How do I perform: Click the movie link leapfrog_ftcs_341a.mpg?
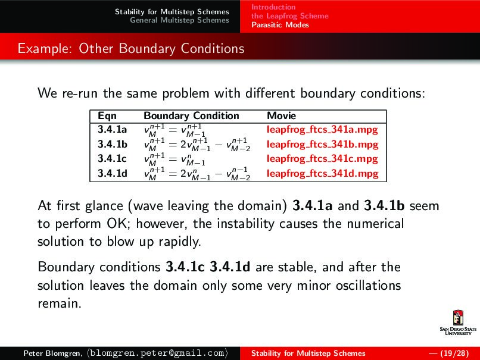322,129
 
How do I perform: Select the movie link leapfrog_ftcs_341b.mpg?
322,144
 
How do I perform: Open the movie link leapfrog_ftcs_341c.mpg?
322,159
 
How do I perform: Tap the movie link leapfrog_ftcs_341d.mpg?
322,174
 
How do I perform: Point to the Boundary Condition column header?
191,116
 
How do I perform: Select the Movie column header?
281,116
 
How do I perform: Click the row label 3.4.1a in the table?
112,129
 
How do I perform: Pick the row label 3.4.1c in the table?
112,159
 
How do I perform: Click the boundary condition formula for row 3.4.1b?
197,145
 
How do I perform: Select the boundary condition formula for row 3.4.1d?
197,174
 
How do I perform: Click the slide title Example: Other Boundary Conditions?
131,48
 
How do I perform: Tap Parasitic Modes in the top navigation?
280,25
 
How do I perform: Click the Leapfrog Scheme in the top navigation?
289,16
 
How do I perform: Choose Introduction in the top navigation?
273,7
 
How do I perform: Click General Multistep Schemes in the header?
179,20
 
